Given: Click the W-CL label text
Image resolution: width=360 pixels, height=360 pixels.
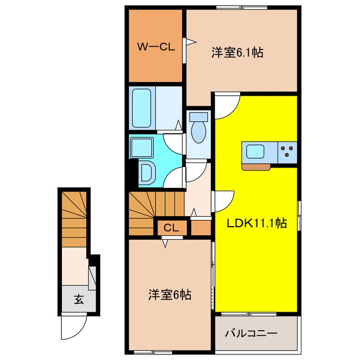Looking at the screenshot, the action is [x=156, y=47].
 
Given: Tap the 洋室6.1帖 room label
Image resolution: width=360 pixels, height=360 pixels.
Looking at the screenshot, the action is [x=237, y=52].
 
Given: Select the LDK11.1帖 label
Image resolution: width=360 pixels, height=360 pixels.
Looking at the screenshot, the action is [x=256, y=223].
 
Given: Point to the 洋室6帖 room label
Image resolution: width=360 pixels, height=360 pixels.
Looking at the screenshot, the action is [x=170, y=295].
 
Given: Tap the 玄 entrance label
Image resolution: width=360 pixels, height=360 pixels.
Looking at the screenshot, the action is [x=79, y=299].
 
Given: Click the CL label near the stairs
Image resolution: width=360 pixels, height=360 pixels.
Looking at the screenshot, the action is [x=171, y=228].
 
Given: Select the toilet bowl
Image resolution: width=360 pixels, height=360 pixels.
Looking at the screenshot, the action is [x=199, y=133].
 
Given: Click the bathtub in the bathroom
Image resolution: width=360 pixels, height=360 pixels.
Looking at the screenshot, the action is [x=142, y=108].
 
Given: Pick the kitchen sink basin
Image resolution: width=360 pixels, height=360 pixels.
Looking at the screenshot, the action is [x=255, y=152].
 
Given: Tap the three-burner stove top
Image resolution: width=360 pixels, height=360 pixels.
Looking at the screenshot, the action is [x=287, y=152].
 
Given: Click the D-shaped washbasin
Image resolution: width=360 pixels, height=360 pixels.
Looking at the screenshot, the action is [x=147, y=173].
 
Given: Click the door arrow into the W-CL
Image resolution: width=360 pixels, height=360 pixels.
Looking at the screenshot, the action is [x=191, y=42].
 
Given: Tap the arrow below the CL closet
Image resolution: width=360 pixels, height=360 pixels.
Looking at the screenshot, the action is [x=165, y=244].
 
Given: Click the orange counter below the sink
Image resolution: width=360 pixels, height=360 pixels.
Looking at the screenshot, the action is [x=256, y=167].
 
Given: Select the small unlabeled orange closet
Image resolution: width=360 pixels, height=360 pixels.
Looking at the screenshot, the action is [x=201, y=228].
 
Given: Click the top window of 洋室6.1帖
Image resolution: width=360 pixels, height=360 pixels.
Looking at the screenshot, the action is [x=242, y=7].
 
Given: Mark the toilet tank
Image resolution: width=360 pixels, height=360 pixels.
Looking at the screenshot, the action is [x=199, y=117].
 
